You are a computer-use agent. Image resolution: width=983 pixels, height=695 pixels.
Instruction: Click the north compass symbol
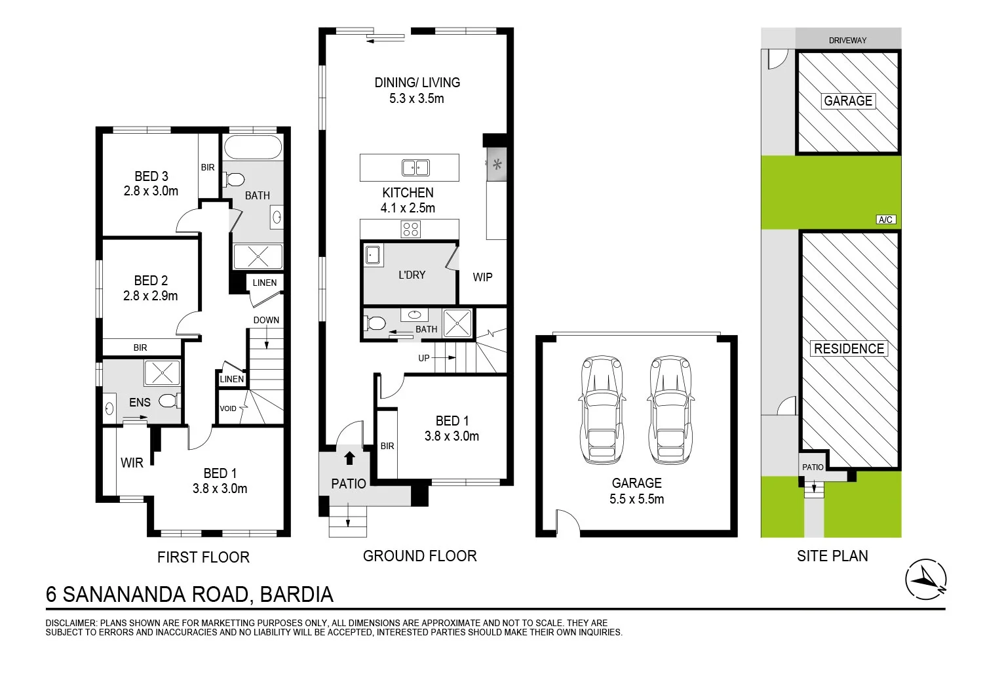click(x=926, y=580)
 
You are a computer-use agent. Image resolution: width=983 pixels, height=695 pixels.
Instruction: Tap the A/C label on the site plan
click(x=885, y=220)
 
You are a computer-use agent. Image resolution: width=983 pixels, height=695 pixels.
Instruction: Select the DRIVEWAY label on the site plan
click(x=847, y=41)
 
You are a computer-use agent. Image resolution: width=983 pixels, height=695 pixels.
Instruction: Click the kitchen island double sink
click(x=415, y=168)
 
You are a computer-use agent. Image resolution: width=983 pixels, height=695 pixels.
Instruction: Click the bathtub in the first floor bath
click(x=253, y=147)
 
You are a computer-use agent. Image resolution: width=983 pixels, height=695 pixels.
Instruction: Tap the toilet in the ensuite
click(x=169, y=401)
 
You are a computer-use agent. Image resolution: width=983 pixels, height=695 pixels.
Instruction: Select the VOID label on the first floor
click(x=228, y=408)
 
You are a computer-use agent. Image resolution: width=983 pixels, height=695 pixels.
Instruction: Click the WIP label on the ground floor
click(x=482, y=277)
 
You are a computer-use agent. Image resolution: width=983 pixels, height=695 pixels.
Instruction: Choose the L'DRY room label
click(x=412, y=275)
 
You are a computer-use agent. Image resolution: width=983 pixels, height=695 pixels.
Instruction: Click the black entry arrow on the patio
click(x=349, y=458)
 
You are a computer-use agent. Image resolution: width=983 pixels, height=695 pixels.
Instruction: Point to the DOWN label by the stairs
click(x=266, y=320)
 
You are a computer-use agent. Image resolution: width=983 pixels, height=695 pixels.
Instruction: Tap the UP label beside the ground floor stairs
click(x=423, y=358)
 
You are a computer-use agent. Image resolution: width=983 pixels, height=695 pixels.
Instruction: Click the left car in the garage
click(x=602, y=410)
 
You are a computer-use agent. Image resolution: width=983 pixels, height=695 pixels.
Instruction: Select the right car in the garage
click(x=670, y=410)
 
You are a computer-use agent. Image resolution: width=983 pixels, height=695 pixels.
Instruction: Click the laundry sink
click(x=373, y=256)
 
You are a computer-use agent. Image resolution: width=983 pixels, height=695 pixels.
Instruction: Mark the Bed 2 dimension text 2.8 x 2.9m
click(x=151, y=296)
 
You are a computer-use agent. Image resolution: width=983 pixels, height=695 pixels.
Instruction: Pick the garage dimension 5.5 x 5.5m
click(x=636, y=499)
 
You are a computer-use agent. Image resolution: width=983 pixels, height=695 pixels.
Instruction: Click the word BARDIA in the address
click(x=297, y=595)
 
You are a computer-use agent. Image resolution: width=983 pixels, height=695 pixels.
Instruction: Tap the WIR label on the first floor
click(x=132, y=463)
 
